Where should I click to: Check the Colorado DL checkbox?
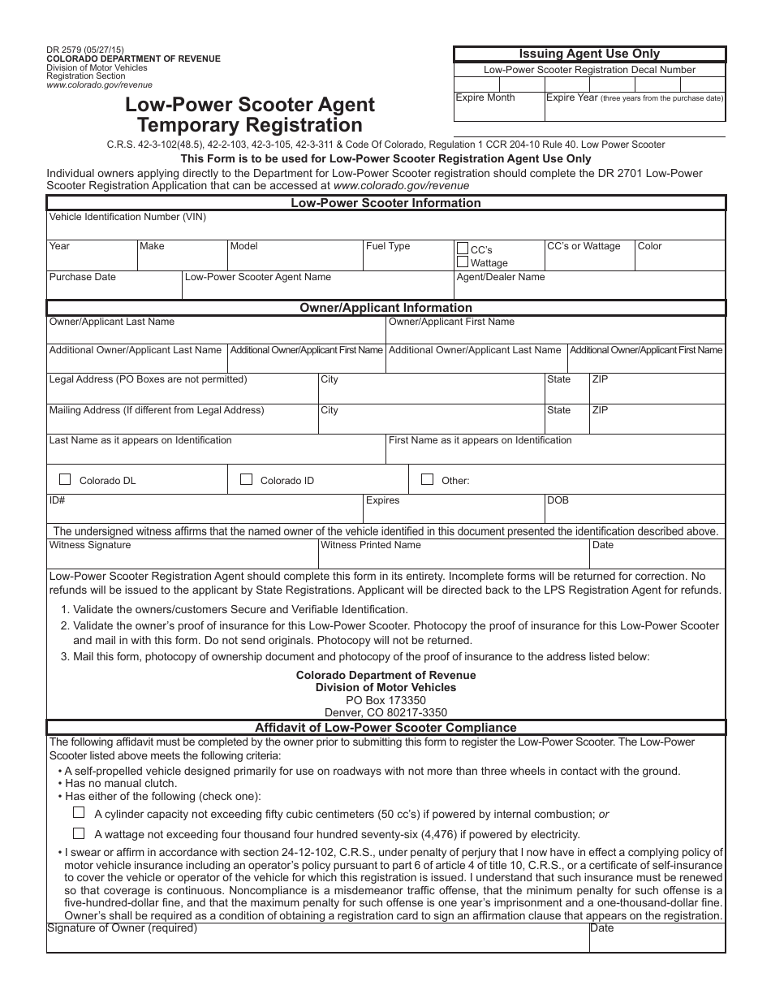coord(65,479)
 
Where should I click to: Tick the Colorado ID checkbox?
coord(246,479)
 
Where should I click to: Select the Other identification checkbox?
coord(427,479)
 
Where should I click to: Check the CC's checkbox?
coord(463,249)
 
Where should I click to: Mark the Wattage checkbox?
coord(463,262)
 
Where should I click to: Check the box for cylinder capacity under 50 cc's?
coord(79,812)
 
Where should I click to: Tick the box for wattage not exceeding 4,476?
coord(79,832)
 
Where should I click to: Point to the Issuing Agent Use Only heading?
coord(589,54)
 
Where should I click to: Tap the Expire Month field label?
coord(485,97)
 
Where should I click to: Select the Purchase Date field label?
coord(83,277)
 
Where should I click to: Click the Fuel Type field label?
coord(388,246)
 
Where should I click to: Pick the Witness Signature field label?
coord(90,545)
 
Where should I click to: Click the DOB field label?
coord(558,500)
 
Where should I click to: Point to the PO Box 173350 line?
coord(385,700)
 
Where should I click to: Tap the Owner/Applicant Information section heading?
coord(385,308)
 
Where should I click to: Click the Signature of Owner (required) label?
coord(123,928)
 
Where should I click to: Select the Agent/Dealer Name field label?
coord(501,277)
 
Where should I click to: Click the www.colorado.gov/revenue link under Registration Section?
coord(99,84)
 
